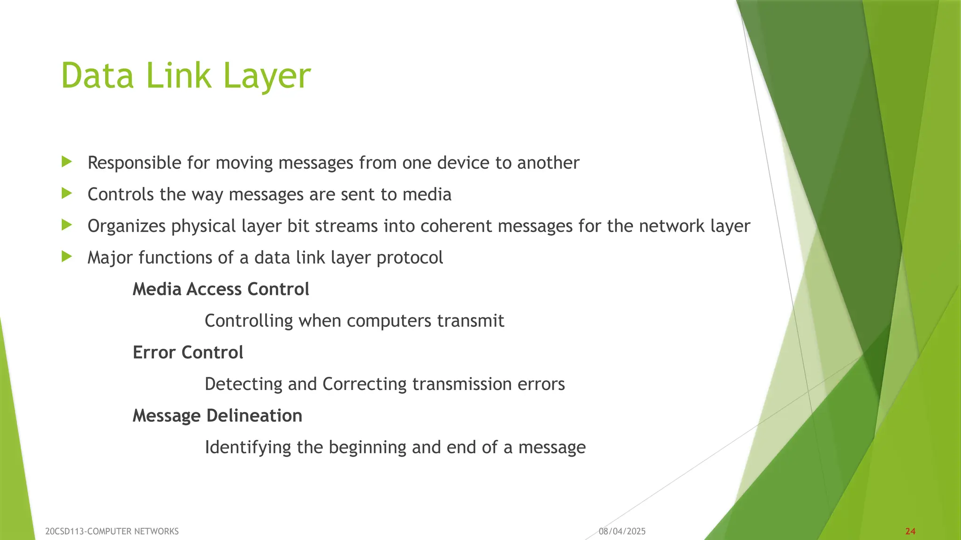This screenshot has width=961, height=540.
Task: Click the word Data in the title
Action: (98, 76)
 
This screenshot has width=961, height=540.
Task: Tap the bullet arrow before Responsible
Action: (67, 162)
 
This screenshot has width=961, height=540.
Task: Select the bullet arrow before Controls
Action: (67, 194)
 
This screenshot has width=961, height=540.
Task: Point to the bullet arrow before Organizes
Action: (67, 225)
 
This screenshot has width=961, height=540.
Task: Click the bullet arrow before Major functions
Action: (67, 257)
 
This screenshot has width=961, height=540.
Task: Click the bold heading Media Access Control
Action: (221, 289)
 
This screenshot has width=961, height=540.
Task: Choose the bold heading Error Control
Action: (188, 352)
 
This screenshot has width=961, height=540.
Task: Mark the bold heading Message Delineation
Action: (217, 416)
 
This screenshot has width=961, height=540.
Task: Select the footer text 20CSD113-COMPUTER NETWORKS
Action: (112, 531)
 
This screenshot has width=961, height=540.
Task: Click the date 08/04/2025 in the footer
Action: (622, 531)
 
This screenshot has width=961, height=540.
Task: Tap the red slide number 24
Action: (910, 531)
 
